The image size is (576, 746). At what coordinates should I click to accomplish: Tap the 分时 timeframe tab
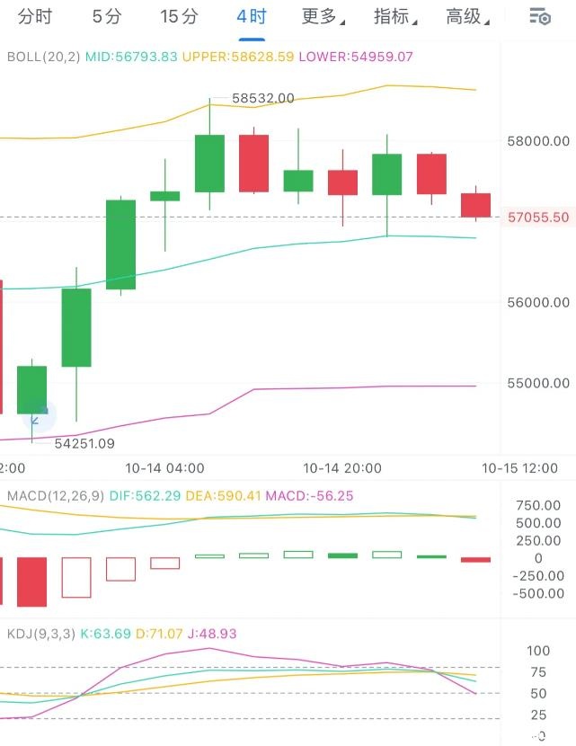[x=35, y=16]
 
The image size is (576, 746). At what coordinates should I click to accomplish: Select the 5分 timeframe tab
[x=107, y=16]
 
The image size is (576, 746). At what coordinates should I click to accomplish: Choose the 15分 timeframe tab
[x=179, y=16]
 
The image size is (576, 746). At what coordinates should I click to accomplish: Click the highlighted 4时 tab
[x=252, y=16]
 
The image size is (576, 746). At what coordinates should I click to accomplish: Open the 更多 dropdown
[x=322, y=16]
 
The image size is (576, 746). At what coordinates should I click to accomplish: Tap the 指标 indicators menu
[x=394, y=16]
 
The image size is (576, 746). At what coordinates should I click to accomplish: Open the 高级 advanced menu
[x=466, y=16]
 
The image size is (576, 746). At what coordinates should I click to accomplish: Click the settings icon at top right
[x=539, y=16]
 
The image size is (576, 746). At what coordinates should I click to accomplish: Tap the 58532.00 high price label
[x=262, y=98]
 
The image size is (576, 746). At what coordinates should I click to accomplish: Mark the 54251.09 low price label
[x=84, y=443]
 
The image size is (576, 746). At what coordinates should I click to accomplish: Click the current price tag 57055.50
[x=537, y=217]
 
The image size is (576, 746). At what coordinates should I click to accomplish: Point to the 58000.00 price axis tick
[x=537, y=141]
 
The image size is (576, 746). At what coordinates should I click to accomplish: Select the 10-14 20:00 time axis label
[x=342, y=468]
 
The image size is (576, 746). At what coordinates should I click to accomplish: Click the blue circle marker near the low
[x=38, y=415]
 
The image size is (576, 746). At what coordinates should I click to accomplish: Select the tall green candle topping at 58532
[x=209, y=163]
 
